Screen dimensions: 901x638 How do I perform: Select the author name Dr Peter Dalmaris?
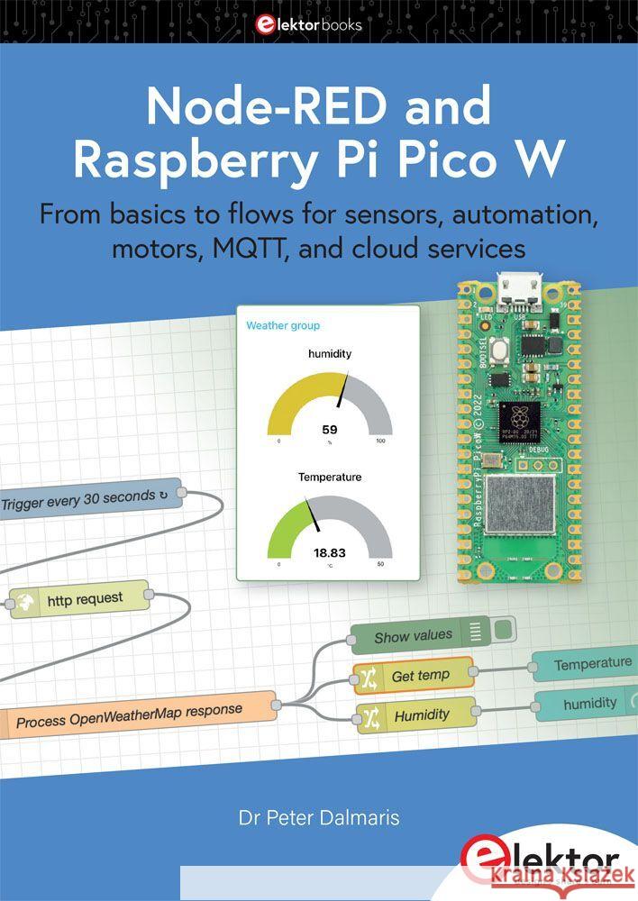(x=318, y=818)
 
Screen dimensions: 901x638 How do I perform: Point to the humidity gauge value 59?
(x=329, y=429)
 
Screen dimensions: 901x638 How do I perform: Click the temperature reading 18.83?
(x=329, y=552)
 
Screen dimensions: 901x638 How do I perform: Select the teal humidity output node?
(x=587, y=704)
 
